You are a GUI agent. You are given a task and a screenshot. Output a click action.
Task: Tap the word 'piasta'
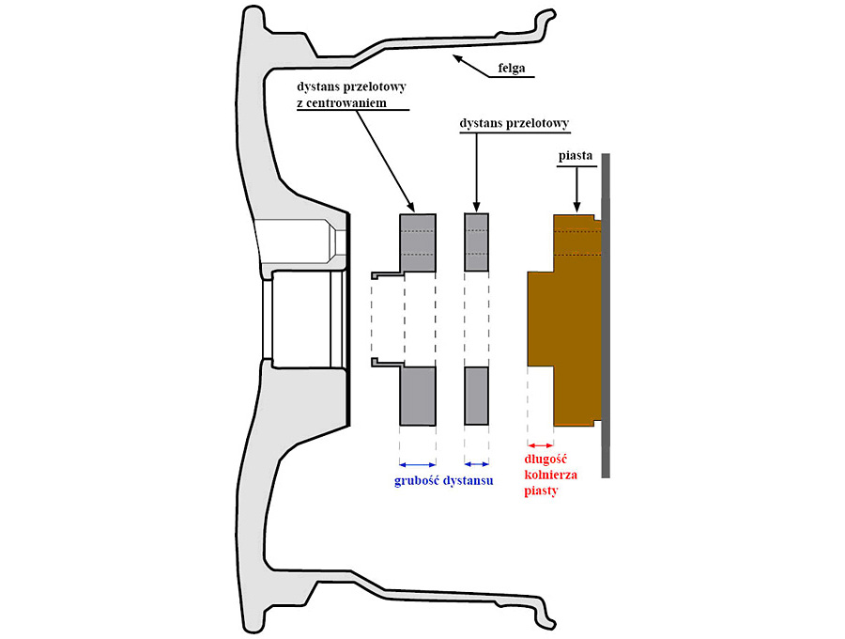tap(575, 151)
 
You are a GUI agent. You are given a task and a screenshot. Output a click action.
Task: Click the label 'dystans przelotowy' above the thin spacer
tap(515, 123)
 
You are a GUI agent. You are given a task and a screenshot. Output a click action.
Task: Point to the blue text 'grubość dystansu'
tap(444, 480)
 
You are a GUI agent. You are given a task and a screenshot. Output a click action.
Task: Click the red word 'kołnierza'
tap(550, 475)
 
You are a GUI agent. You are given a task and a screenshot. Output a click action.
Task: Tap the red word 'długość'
tap(549, 461)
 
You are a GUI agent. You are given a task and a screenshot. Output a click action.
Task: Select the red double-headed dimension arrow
tap(540, 444)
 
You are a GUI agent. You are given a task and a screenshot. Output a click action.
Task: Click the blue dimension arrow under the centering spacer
tap(418, 463)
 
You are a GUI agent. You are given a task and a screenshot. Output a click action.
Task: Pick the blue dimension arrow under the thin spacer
tap(477, 463)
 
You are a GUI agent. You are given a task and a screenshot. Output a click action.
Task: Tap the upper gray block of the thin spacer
tap(477, 242)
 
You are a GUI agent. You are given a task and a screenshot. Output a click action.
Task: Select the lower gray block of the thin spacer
tap(477, 395)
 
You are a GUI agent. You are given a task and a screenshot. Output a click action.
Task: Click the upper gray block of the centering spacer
tap(418, 242)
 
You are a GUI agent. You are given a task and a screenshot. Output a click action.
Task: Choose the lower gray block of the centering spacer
tap(418, 395)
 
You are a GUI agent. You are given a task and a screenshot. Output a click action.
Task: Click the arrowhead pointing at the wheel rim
tap(457, 59)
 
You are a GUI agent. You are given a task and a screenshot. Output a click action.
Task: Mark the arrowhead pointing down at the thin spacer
tap(477, 206)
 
